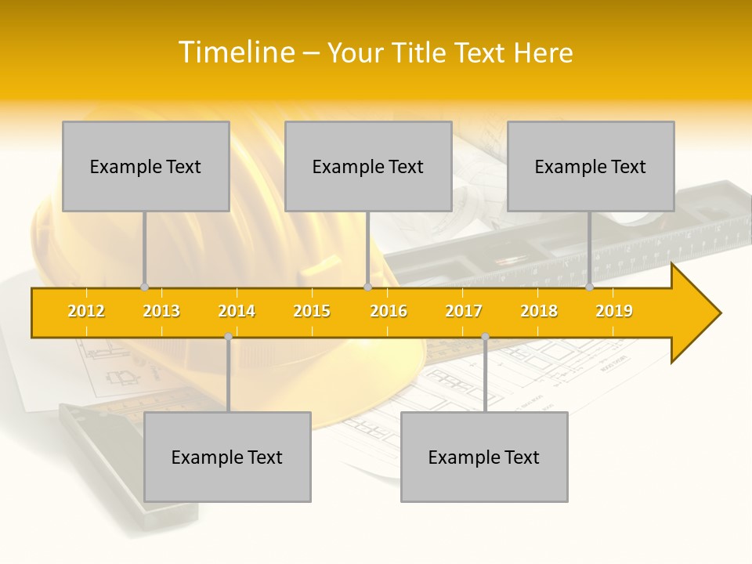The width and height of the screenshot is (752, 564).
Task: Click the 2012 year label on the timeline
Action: pos(86,311)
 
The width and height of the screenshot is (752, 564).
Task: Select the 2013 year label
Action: pos(161,311)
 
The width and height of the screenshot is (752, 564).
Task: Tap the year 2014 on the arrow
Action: pos(237,311)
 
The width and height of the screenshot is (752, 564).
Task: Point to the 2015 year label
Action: pos(312,311)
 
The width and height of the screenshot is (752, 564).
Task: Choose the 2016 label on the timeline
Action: pos(389,311)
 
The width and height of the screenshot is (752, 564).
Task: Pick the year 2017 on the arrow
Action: pos(464,311)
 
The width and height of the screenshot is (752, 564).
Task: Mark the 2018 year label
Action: pos(539,311)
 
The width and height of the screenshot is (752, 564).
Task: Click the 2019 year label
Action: pos(614,311)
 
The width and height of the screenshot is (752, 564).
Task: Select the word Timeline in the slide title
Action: pos(236,52)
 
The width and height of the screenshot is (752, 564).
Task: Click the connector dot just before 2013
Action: pos(144,287)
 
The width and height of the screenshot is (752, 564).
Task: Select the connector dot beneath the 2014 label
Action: pos(228,337)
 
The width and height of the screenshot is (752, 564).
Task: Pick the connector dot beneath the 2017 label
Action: pos(485,337)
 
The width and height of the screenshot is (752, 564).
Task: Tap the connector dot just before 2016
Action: pos(367,287)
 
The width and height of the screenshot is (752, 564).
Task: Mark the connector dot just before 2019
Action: pos(589,287)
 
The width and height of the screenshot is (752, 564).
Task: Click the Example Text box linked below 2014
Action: pos(227,457)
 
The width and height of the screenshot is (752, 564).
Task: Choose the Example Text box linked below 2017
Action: pos(484,457)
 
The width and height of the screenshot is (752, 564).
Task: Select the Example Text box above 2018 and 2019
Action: pos(591,166)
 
